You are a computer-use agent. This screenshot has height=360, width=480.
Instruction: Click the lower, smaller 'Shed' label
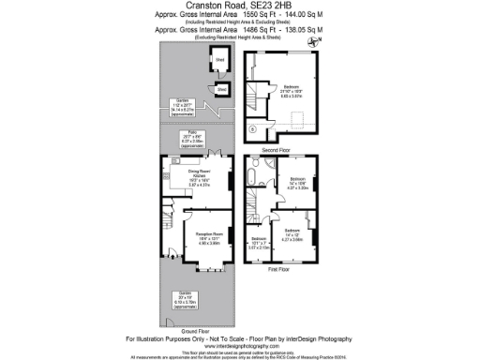click(x=222, y=90)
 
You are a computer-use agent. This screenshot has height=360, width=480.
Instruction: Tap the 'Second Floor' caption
click(x=276, y=149)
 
